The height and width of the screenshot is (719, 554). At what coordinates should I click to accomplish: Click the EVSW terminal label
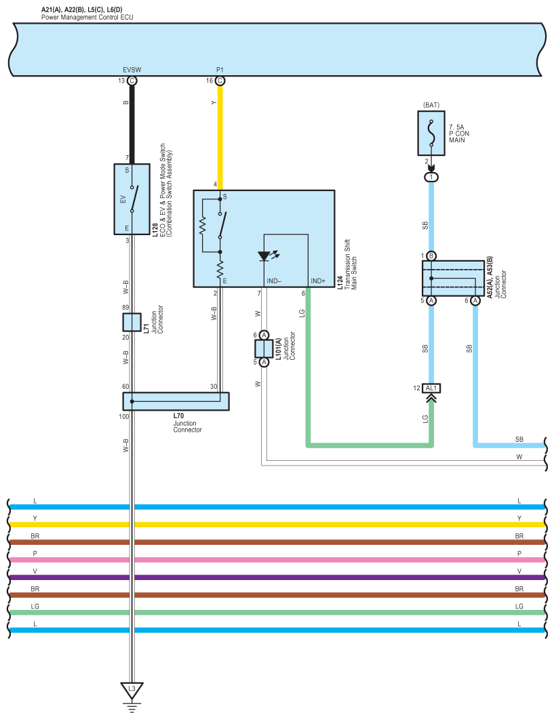(132, 70)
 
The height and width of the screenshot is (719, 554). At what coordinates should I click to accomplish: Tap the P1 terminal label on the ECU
(220, 70)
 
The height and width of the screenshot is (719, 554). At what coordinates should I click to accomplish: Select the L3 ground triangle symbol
(132, 690)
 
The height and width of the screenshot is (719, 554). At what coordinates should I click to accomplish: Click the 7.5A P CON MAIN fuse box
(431, 133)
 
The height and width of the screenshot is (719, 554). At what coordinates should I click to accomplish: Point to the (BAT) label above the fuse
(431, 105)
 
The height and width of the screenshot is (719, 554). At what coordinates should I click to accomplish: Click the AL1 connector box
(431, 388)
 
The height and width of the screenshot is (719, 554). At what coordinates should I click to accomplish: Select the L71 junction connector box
(132, 322)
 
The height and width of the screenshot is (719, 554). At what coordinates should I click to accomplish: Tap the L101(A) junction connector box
(264, 348)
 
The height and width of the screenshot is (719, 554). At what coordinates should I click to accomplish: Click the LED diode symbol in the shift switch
(265, 256)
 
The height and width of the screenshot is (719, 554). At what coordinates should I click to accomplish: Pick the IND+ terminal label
(318, 281)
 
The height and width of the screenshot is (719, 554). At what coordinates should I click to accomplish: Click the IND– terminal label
(274, 281)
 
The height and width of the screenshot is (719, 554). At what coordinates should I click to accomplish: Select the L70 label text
(178, 416)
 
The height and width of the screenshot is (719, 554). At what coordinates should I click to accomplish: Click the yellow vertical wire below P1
(220, 138)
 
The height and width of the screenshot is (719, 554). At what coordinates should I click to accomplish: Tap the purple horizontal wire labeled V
(277, 577)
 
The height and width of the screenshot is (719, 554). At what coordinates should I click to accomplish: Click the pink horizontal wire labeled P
(277, 560)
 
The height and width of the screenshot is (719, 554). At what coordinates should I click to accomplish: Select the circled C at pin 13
(132, 81)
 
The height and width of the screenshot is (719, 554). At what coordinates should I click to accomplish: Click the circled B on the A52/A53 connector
(431, 256)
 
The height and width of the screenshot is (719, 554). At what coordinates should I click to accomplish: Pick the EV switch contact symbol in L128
(134, 199)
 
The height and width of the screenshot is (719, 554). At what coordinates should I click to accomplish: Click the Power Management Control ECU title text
(87, 18)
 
